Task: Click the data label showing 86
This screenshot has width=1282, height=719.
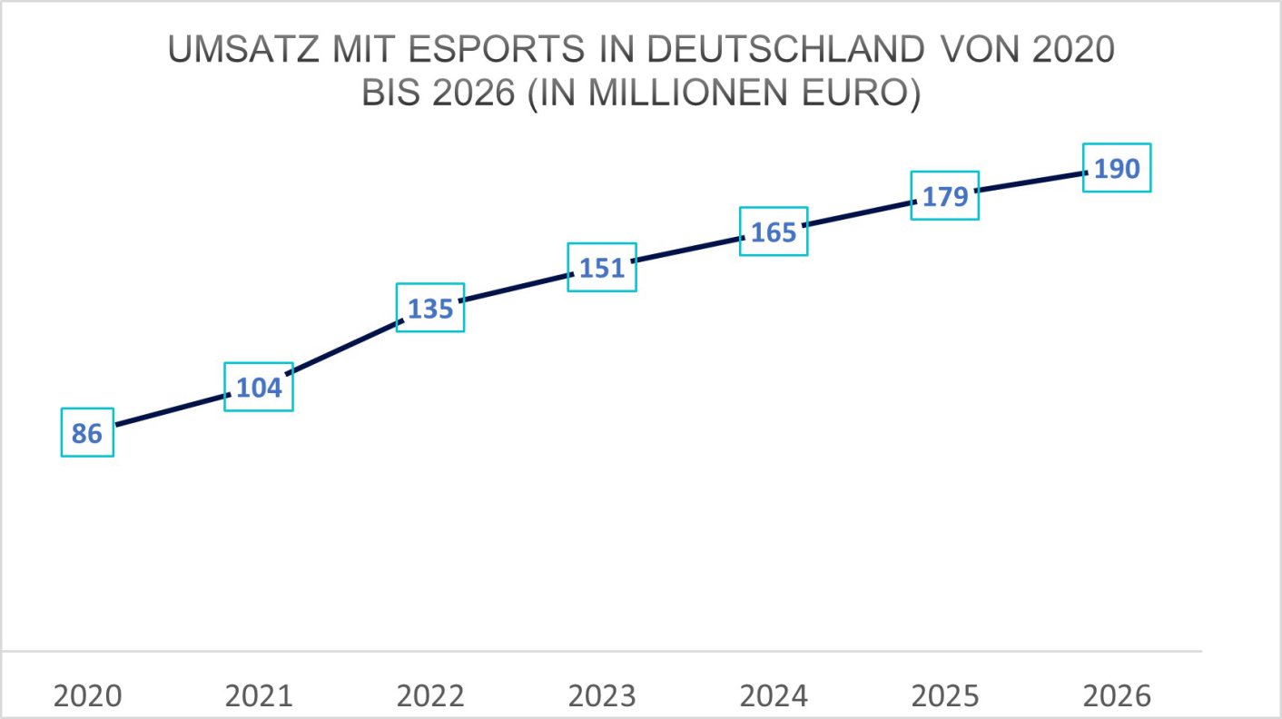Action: (x=87, y=433)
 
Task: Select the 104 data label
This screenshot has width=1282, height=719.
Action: (x=259, y=388)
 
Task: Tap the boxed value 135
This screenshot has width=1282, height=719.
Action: (x=430, y=308)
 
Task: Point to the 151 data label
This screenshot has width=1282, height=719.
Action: (x=602, y=268)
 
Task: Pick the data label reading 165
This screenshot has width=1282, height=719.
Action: (x=774, y=231)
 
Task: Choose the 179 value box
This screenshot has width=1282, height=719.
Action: (x=945, y=196)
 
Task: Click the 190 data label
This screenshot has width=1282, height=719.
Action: (x=1117, y=168)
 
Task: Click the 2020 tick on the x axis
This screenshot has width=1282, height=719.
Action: (x=87, y=696)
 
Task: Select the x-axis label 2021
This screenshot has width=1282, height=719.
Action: (x=259, y=696)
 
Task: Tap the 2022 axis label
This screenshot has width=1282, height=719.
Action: (x=430, y=696)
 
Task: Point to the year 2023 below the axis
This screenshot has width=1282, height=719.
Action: (x=602, y=696)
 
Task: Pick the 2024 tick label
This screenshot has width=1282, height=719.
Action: (x=774, y=696)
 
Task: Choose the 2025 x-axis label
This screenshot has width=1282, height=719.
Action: (x=945, y=696)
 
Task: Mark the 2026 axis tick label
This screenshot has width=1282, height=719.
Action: (x=1117, y=696)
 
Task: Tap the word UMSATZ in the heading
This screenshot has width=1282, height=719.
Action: (x=238, y=51)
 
